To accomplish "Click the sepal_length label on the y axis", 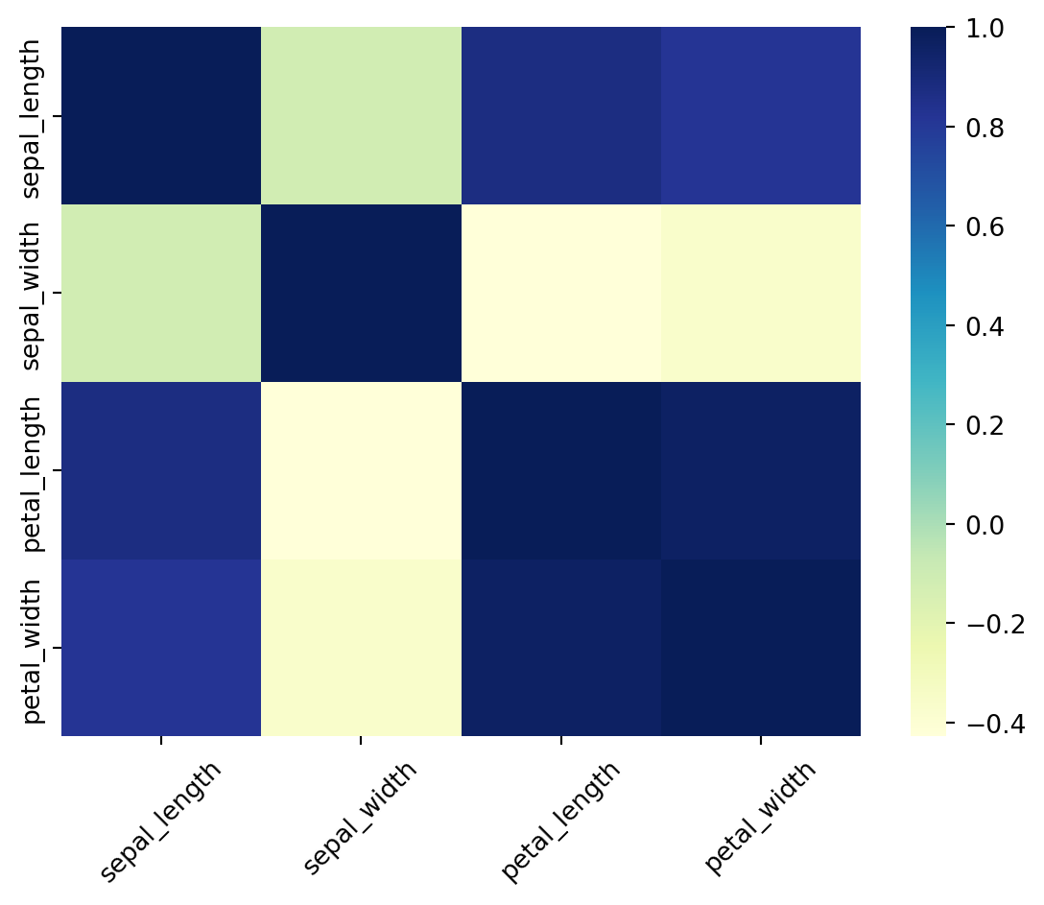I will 33,117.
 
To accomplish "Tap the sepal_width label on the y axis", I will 33,293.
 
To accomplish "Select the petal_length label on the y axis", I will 33,470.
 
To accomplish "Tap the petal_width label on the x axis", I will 760,818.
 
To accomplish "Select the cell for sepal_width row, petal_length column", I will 561,293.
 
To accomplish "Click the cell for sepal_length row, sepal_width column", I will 361,116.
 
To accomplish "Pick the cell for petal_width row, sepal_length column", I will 161,648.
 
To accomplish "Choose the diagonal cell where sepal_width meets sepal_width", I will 361,293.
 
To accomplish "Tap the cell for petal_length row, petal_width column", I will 761,470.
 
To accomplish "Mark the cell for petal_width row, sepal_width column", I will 361,648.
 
